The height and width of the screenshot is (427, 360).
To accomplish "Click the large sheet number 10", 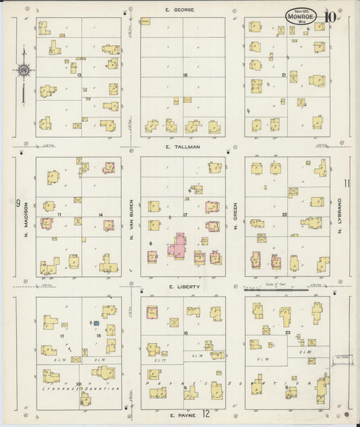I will coord(330,17).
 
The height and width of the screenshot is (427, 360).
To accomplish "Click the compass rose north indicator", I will coord(23,70).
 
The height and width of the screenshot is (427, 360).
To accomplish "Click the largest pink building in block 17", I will coord(178,245).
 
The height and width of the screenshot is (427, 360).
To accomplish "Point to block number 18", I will coord(184,75).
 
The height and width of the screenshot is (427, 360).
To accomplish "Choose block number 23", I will coord(287,333).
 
